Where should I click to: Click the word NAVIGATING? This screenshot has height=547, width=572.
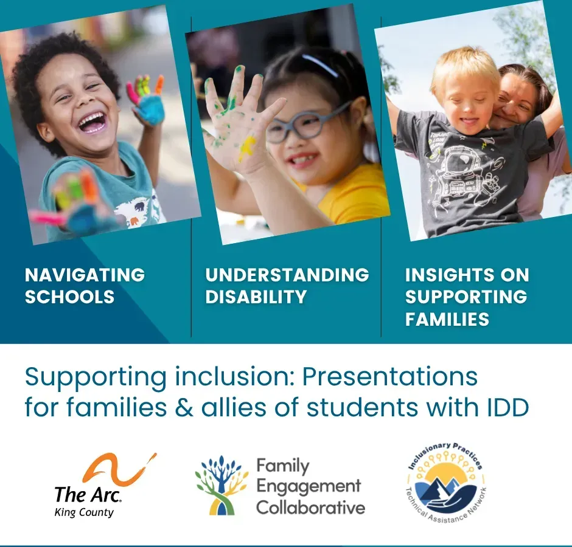tap(85, 275)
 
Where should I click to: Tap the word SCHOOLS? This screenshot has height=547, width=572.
tap(69, 297)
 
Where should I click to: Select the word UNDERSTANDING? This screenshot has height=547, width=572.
tap(287, 275)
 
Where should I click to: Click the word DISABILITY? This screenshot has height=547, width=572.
tap(256, 297)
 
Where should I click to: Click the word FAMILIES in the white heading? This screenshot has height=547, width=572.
tap(447, 319)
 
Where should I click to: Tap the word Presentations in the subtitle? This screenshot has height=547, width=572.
tap(389, 377)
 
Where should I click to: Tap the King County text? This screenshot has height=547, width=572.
tap(84, 512)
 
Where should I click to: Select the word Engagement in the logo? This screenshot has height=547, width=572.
tap(308, 486)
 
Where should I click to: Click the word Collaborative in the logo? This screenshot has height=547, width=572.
tap(310, 507)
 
